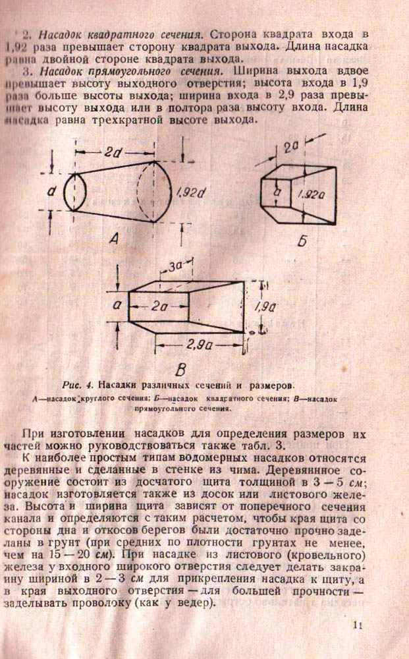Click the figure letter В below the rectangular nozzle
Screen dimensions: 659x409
pos(180,367)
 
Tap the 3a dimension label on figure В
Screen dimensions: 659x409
pos(175,267)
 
